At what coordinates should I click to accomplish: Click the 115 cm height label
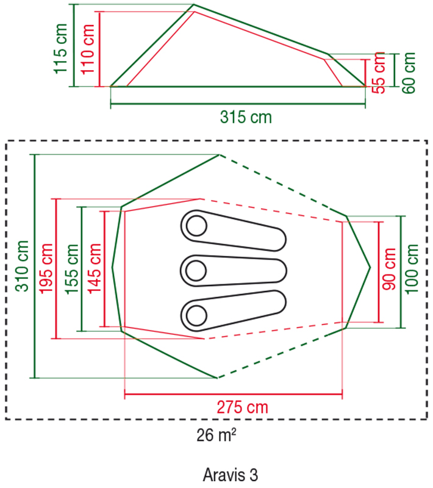[60, 49]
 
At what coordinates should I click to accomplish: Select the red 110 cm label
[88, 49]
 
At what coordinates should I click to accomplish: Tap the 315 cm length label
[246, 117]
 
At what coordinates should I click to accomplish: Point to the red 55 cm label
[379, 73]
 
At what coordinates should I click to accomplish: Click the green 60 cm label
[409, 73]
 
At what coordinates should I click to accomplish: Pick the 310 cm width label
[22, 266]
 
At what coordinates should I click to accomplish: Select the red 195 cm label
[46, 268]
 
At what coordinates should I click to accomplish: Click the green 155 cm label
[71, 269]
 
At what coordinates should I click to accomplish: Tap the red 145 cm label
[95, 269]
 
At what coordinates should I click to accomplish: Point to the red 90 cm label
[389, 269]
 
